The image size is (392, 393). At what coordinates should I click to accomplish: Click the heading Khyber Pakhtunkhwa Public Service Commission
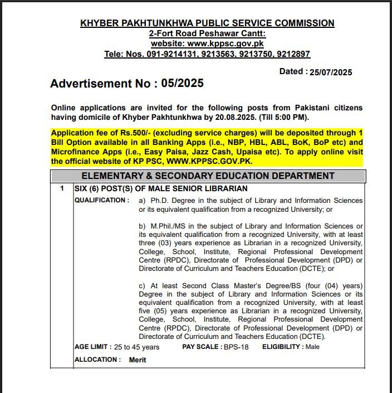tap(207, 23)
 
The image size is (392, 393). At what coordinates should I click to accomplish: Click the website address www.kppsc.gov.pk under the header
tap(226, 43)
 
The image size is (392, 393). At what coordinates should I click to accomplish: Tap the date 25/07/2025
tap(331, 72)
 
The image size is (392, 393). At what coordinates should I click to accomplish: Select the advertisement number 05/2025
tap(182, 84)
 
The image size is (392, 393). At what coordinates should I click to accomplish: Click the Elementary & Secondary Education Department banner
tap(208, 176)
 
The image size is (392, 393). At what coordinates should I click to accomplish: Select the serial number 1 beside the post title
tap(62, 188)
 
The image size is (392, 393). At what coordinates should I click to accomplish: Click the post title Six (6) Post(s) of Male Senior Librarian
tap(161, 188)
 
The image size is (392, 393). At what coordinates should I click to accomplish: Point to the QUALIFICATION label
tap(101, 200)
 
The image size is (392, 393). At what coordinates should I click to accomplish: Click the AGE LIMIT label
tap(92, 347)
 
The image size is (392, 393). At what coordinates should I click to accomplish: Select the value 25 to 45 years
tap(137, 347)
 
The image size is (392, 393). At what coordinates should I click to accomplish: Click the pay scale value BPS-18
tap(236, 347)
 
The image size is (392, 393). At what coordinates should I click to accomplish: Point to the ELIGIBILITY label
tap(283, 347)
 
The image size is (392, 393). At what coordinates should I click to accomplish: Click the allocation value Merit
tap(138, 360)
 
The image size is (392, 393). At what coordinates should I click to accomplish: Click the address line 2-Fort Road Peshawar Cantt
tap(207, 33)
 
